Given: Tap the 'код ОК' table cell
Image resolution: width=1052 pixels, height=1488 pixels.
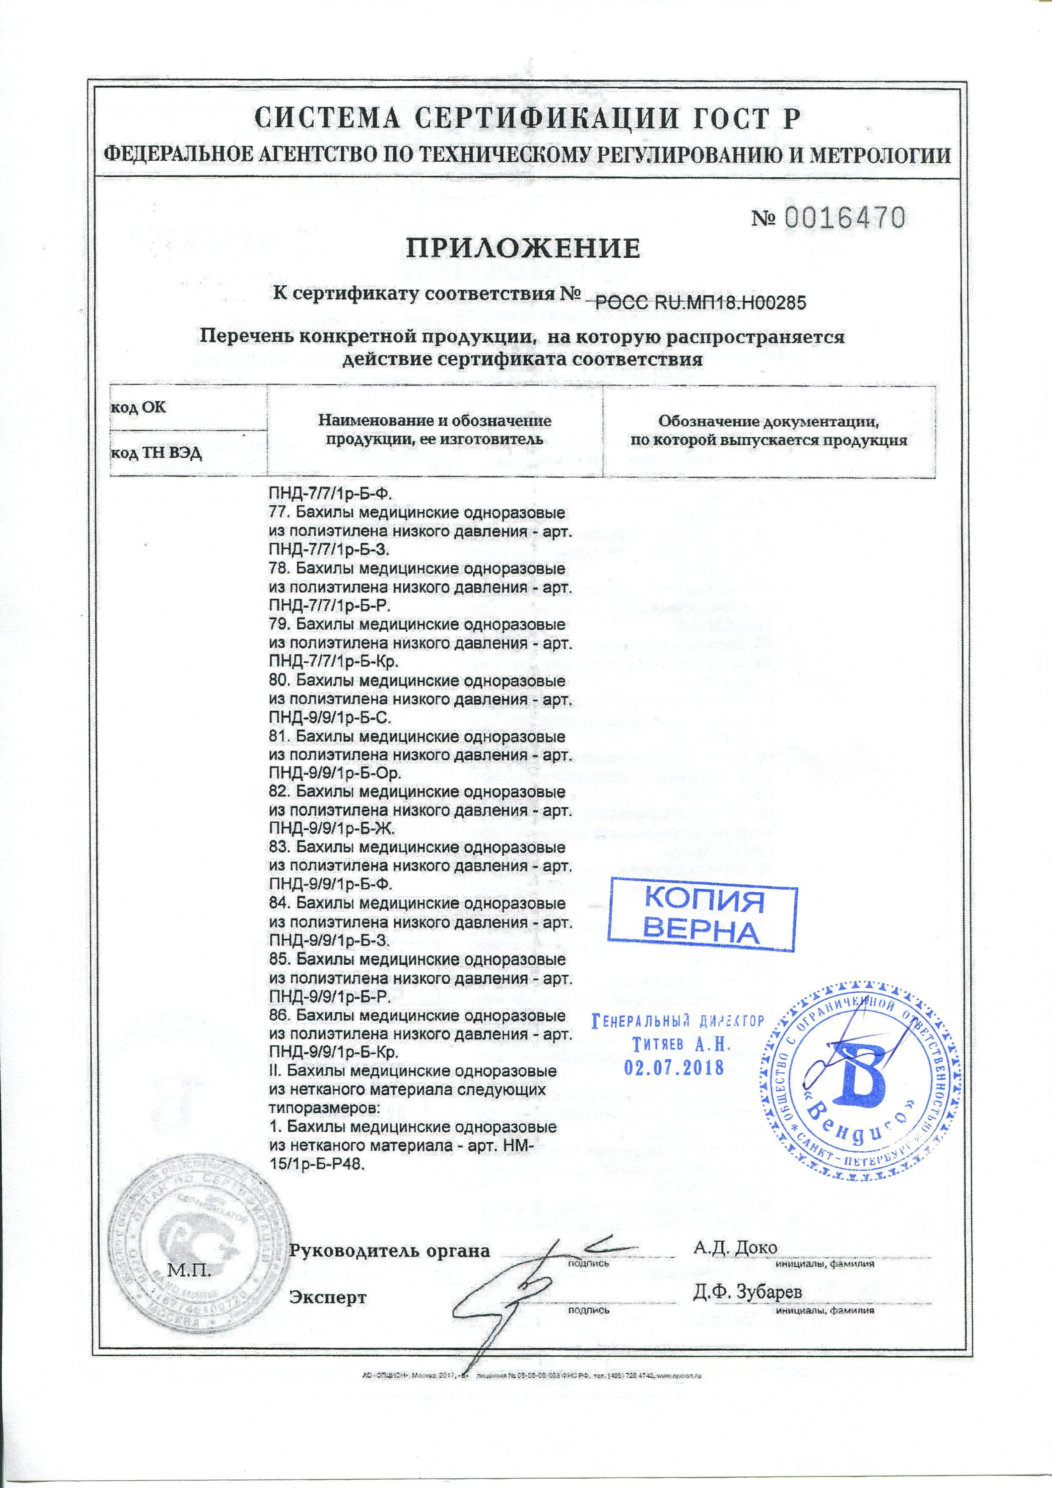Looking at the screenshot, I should click(139, 408).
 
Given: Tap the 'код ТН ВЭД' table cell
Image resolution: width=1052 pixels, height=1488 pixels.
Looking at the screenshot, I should click(156, 453).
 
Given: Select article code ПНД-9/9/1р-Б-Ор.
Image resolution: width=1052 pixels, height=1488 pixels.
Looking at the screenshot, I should click(335, 774).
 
